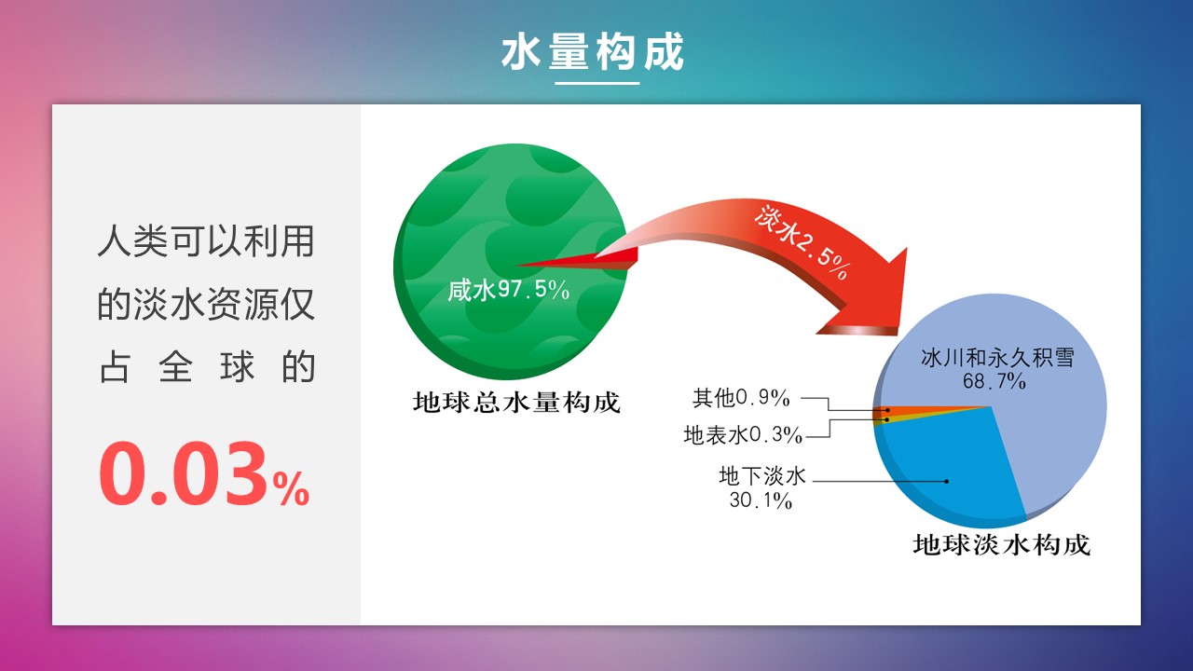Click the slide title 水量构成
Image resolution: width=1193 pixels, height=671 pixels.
point(593,51)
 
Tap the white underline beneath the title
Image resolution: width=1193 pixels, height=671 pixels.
point(597,83)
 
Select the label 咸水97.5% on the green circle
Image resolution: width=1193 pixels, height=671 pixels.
point(509,290)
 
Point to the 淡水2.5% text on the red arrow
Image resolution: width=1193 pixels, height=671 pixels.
point(802,243)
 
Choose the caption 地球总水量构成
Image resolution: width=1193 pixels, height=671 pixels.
point(516,402)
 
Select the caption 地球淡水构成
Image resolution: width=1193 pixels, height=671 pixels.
point(1001,545)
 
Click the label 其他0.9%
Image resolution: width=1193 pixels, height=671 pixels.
point(741,398)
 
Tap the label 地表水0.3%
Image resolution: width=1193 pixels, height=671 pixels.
point(743,435)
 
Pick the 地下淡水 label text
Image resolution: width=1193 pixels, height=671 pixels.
point(762,476)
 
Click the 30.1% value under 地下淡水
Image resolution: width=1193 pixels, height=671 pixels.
point(761,500)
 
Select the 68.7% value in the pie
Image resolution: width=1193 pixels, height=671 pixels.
point(994,381)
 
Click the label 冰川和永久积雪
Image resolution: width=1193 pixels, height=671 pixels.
point(997,357)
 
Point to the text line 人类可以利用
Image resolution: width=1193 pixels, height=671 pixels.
point(206,241)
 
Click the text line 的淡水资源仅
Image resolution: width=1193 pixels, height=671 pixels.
point(206,305)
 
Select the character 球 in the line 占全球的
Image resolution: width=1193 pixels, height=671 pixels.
point(237,367)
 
